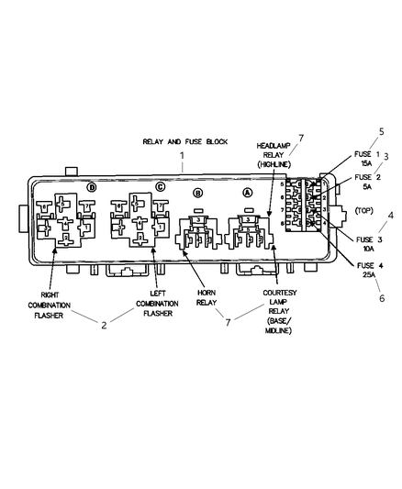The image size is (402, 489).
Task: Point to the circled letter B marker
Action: click(197, 194)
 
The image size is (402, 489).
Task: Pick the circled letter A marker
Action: click(246, 194)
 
